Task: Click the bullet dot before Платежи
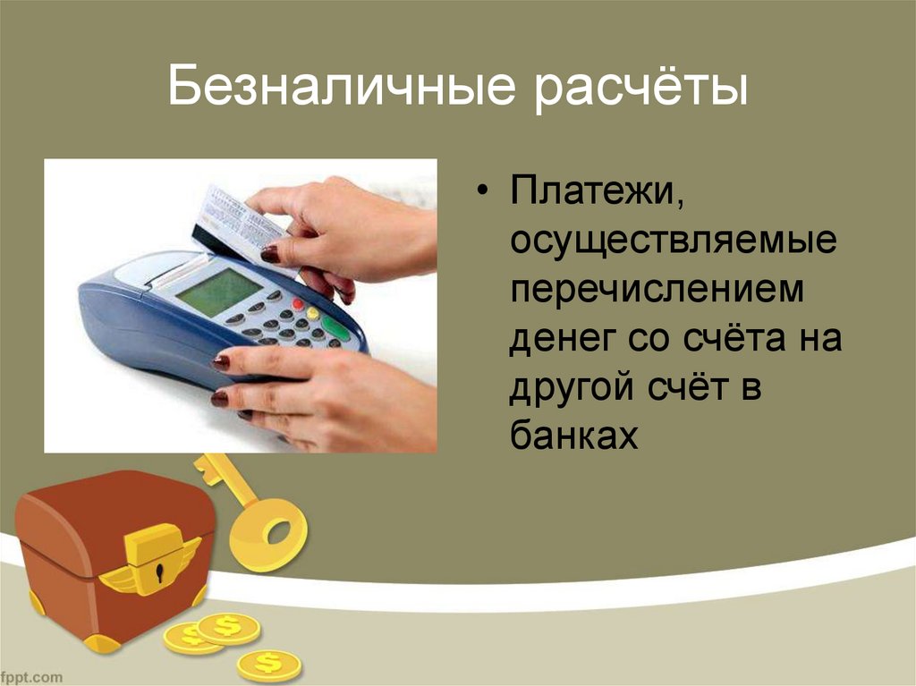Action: pyautogui.click(x=485, y=195)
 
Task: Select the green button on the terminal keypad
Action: pyautogui.click(x=336, y=328)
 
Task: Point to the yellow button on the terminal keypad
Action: pyautogui.click(x=313, y=313)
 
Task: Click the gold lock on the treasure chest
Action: pyautogui.click(x=155, y=560)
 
